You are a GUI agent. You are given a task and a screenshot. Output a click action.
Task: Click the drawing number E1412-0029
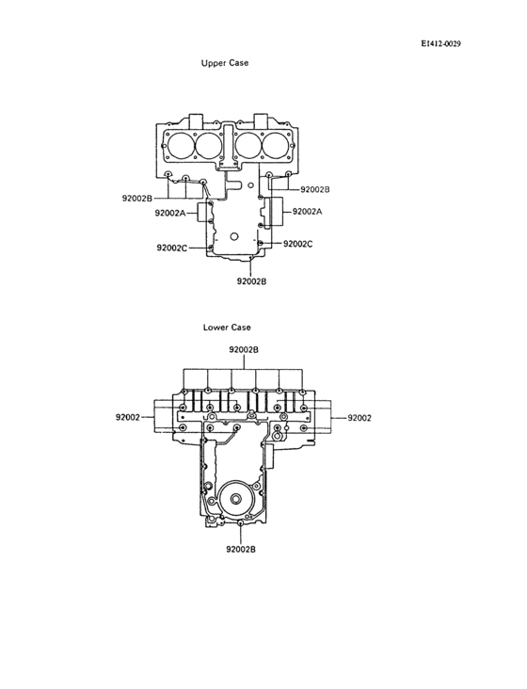click(440, 43)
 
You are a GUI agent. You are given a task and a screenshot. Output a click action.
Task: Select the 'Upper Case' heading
click(225, 63)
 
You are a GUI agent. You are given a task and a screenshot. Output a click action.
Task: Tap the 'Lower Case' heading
click(227, 328)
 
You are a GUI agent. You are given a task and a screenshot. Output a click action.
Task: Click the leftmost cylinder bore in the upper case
click(178, 145)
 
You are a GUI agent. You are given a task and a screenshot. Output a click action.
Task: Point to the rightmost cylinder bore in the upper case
click(276, 145)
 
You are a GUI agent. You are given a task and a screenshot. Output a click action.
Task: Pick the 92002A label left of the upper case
click(171, 214)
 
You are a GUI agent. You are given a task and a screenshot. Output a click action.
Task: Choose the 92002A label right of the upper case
click(307, 212)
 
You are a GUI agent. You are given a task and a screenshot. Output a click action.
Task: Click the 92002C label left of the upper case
click(172, 248)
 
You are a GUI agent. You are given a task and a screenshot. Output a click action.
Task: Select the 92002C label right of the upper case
click(297, 244)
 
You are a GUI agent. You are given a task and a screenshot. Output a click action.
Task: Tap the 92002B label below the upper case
click(251, 280)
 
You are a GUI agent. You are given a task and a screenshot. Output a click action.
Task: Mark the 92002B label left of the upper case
click(137, 198)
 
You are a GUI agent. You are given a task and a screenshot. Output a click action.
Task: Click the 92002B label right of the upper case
click(315, 189)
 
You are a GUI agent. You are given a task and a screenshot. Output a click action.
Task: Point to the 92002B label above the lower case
click(244, 349)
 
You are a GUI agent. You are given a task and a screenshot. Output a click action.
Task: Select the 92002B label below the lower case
click(242, 549)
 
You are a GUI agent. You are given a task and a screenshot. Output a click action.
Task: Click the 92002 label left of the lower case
click(129, 417)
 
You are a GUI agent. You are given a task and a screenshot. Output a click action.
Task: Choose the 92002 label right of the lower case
click(359, 417)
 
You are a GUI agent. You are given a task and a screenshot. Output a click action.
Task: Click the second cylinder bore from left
click(207, 145)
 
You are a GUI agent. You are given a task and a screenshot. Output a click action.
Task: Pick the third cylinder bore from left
click(248, 145)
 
